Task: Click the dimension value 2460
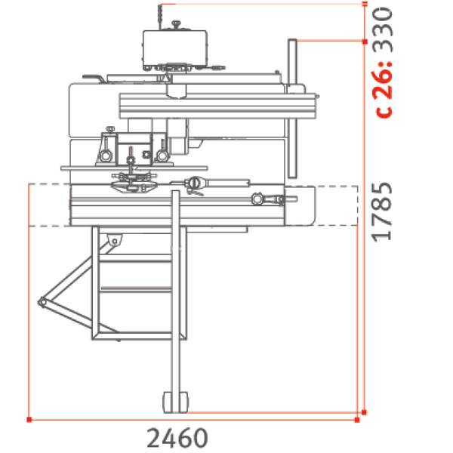click(177, 437)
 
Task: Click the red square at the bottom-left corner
click(28, 418)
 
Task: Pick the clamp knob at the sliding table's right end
click(258, 199)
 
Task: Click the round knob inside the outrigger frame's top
click(114, 240)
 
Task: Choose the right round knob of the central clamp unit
click(162, 156)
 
